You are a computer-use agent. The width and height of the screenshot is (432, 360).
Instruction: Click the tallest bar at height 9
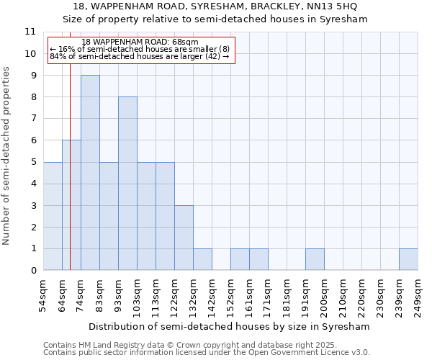coord(90,173)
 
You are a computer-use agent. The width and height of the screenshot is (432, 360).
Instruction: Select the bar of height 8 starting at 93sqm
coord(127,184)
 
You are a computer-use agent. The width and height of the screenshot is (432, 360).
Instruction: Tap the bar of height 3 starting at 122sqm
coord(184,238)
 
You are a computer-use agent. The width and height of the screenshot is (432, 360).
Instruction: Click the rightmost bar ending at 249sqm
coord(408,259)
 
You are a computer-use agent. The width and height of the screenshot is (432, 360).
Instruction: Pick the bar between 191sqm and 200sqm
coord(315,259)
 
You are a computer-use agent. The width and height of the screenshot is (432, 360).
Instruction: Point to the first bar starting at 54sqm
coord(53,216)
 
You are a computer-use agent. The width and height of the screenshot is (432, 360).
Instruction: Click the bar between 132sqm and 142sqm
coord(202,259)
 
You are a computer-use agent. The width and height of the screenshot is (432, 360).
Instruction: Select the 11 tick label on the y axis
coord(30,32)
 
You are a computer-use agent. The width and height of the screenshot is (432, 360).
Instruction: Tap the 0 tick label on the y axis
coord(32,271)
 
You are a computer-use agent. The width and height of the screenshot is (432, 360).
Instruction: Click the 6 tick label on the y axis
coord(32,140)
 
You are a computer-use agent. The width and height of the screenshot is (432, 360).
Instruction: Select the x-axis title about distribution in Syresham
coord(230,326)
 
